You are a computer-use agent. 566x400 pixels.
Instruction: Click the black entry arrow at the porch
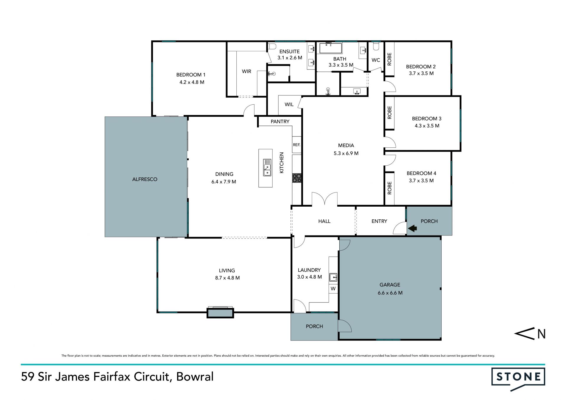[x=412, y=228]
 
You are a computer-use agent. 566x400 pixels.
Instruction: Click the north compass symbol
[x=530, y=334]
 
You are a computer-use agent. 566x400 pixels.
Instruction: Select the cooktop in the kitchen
[x=297, y=178]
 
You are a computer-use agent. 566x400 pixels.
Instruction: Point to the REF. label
[x=297, y=145]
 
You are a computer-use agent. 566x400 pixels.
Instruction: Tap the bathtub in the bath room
[x=330, y=48]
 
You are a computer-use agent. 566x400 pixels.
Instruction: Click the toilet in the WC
[x=376, y=46]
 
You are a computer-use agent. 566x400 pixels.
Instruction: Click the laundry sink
[x=333, y=277]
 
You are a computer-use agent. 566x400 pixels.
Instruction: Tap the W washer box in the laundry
[x=333, y=289]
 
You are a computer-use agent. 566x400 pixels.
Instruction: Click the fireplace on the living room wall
[x=220, y=312]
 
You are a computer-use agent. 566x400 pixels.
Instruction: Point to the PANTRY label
[x=280, y=121]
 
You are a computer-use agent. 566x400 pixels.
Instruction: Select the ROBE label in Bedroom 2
[x=389, y=59]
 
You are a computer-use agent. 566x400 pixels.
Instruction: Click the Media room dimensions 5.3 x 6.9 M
[x=346, y=153]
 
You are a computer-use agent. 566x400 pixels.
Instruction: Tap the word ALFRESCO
[x=145, y=179]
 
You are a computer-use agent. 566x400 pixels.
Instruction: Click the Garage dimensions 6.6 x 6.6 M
[x=390, y=293]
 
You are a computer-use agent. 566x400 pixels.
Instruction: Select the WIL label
[x=289, y=104]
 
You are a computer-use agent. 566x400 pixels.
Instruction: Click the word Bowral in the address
[x=195, y=377]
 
